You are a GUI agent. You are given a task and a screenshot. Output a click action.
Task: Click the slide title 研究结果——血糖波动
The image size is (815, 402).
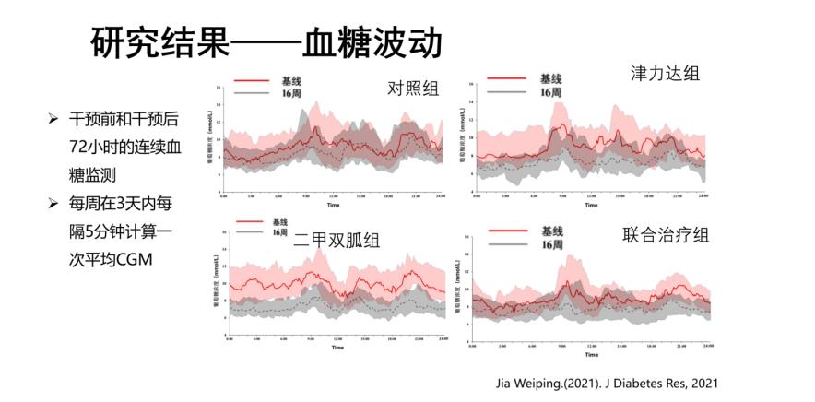[x=266, y=42]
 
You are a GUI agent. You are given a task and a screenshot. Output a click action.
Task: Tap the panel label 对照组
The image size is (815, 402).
[x=412, y=89]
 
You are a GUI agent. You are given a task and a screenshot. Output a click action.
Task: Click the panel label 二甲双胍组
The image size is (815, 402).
[x=337, y=241]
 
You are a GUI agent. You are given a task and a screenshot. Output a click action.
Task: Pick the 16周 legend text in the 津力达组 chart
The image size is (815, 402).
[x=549, y=92]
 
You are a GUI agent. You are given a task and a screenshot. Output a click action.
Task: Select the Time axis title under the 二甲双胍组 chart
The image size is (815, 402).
[x=337, y=348]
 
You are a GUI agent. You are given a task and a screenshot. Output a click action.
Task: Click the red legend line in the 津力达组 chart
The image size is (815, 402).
[x=507, y=80]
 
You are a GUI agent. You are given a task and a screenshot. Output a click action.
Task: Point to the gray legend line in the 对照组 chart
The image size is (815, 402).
[x=254, y=93]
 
